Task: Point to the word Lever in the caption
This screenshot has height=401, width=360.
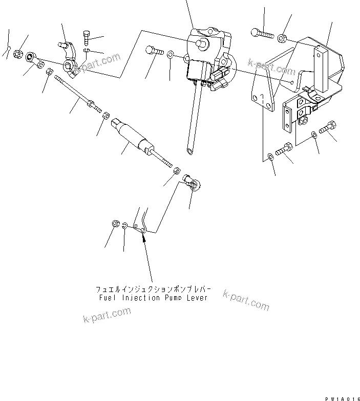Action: click(197, 298)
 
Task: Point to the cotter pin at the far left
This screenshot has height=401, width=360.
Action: click(8, 50)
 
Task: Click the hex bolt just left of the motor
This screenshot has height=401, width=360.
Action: click(154, 51)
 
